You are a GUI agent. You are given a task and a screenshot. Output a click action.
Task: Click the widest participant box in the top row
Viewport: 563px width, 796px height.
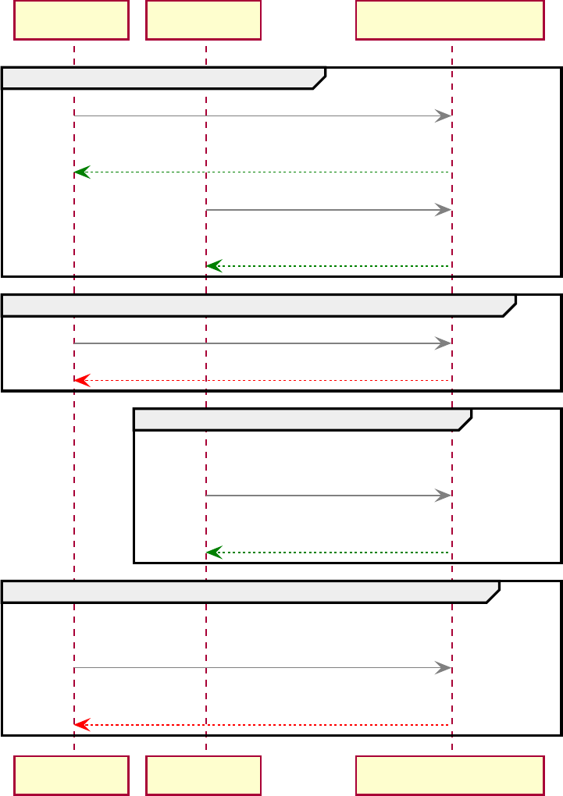[450, 20]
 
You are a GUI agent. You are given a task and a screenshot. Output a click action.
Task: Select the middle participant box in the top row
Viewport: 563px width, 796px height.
[203, 20]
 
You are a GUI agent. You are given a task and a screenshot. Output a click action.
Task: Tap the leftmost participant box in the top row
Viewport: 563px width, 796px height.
[71, 20]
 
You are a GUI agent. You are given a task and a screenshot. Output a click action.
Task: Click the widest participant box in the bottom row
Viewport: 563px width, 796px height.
[450, 775]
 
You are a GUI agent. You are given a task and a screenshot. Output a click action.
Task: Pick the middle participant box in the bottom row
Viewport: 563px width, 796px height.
[203, 775]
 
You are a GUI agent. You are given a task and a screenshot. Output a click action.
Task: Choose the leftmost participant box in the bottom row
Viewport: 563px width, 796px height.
[71, 775]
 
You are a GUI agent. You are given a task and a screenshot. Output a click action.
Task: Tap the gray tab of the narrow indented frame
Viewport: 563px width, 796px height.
[300, 419]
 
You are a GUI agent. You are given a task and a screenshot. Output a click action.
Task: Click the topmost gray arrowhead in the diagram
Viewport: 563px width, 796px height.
[444, 116]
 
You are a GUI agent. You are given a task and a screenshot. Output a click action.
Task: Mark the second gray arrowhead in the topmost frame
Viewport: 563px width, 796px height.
[444, 210]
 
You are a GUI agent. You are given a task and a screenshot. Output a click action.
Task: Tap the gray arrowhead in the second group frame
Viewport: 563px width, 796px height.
[444, 343]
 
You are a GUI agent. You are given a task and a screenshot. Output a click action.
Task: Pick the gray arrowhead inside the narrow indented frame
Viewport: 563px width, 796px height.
[444, 496]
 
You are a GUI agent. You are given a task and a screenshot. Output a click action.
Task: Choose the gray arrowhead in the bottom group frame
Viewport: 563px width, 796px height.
[444, 668]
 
